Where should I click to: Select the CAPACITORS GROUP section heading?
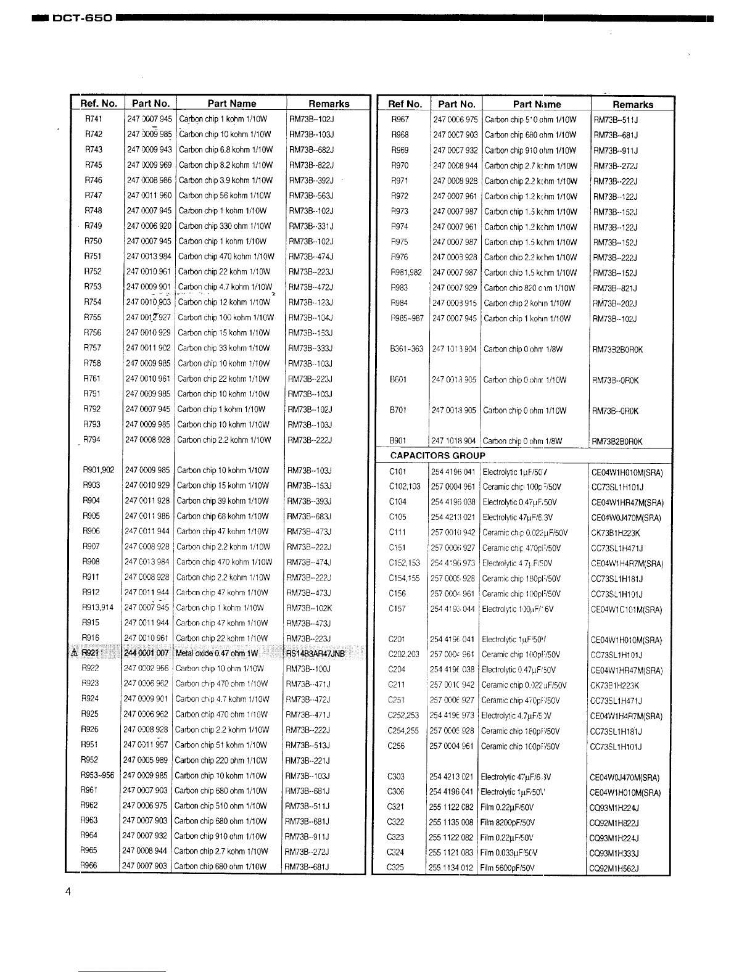coord(438,456)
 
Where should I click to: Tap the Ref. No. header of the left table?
coord(99,104)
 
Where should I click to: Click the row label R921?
coord(91,653)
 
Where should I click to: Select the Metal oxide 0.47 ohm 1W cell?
coord(217,653)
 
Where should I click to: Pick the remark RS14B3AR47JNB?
coord(315,653)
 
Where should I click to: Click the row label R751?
coord(93,257)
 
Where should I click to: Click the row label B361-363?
coord(406,349)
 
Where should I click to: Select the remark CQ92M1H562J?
coord(614,868)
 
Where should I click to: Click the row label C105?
coord(398,517)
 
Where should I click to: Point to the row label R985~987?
coord(407,319)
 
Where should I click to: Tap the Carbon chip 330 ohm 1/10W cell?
coord(225,226)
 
